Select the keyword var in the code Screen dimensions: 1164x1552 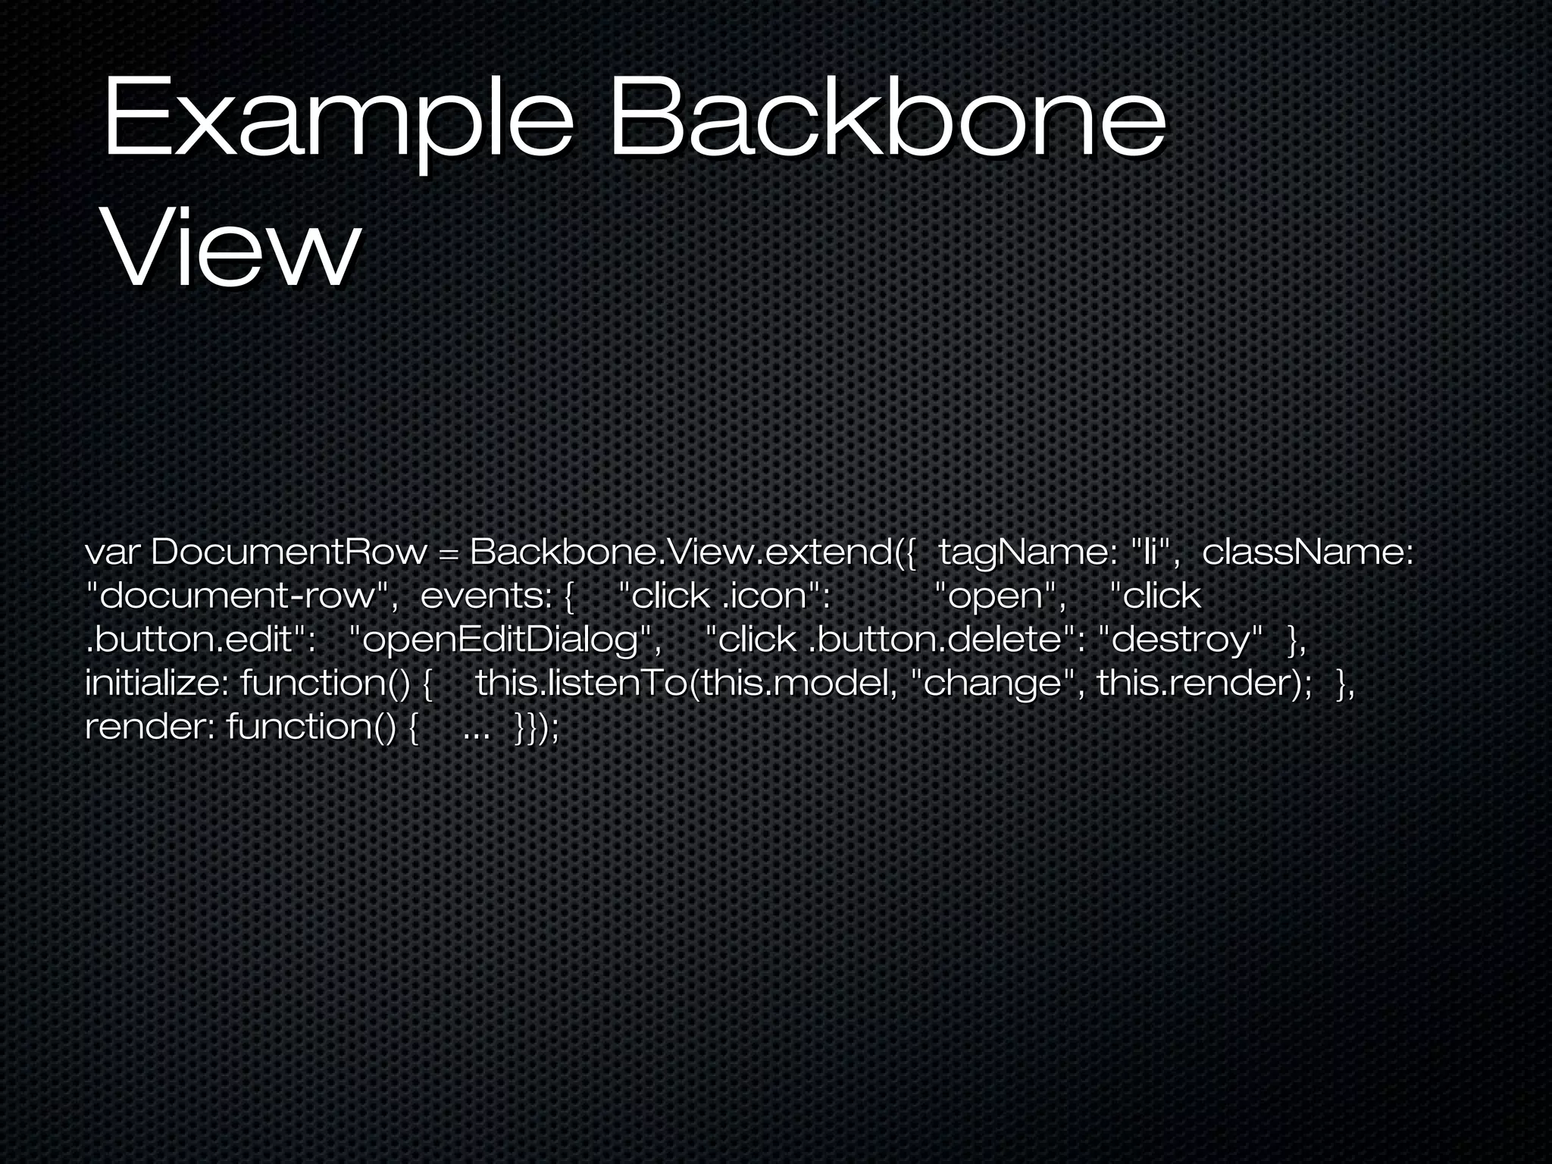114,553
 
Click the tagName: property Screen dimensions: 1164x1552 1028,553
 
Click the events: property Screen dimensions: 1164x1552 486,596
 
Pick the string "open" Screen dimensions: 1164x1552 1000,596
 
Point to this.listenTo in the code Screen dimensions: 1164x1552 580,684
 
